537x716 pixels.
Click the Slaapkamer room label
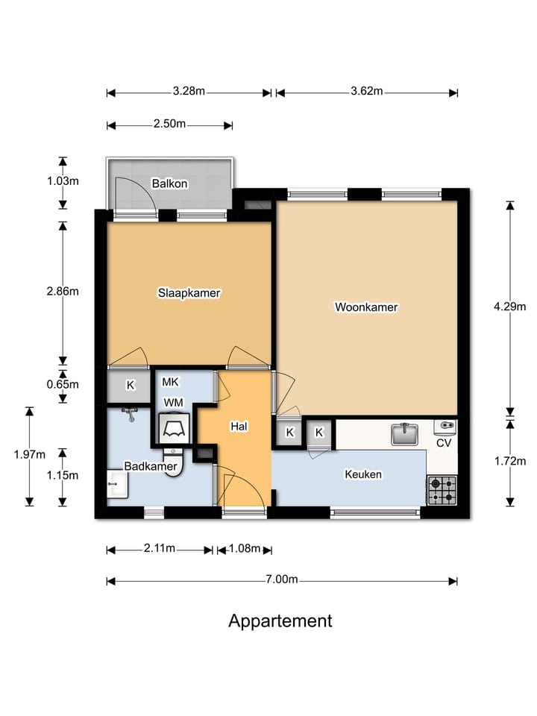pyautogui.click(x=189, y=293)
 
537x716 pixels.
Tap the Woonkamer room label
pyautogui.click(x=366, y=307)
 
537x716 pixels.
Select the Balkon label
pyautogui.click(x=169, y=183)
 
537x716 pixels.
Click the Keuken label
pyautogui.click(x=363, y=474)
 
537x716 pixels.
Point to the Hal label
pyautogui.click(x=239, y=427)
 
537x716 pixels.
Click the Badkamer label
pyautogui.click(x=151, y=466)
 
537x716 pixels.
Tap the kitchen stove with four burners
pyautogui.click(x=441, y=491)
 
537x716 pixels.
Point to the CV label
pyautogui.click(x=445, y=442)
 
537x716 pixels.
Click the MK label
pyautogui.click(x=170, y=382)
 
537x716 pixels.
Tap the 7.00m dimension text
pyautogui.click(x=283, y=580)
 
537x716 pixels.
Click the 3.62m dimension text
pyautogui.click(x=366, y=92)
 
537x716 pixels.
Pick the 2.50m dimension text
pyautogui.click(x=169, y=124)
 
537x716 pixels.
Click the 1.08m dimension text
pyautogui.click(x=244, y=550)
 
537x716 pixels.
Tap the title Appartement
pyautogui.click(x=280, y=621)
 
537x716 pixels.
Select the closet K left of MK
pyautogui.click(x=131, y=386)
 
